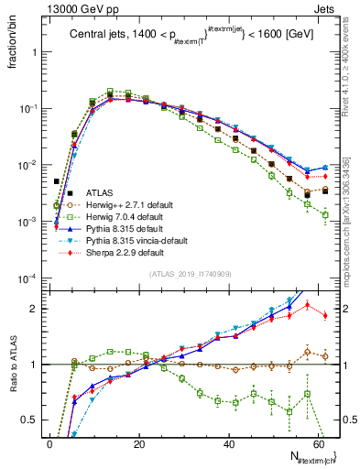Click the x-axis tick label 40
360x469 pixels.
tap(228, 444)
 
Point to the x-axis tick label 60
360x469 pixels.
tap(318, 444)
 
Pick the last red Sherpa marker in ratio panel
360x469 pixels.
tap(325, 315)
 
